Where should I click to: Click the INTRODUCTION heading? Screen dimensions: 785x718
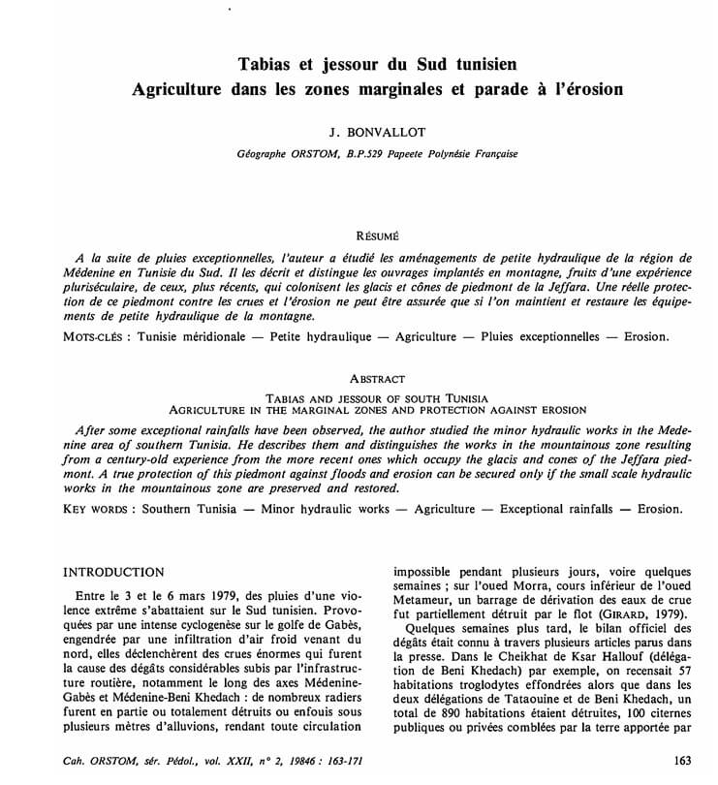tap(113, 573)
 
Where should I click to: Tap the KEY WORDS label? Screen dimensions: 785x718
tap(99, 508)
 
